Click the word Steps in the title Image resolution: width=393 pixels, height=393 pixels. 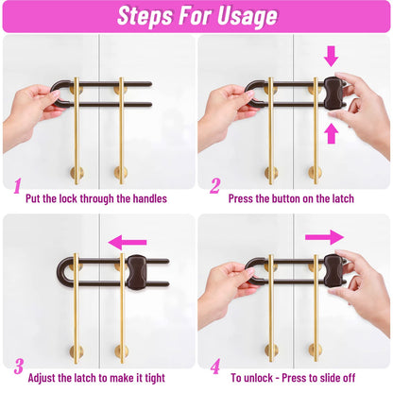pyautogui.click(x=145, y=15)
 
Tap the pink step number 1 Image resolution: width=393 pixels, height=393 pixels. pyautogui.click(x=17, y=186)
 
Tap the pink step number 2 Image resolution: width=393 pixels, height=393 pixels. pyautogui.click(x=214, y=186)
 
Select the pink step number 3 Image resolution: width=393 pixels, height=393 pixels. pyautogui.click(x=19, y=367)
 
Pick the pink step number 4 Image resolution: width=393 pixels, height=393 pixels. pyautogui.click(x=215, y=367)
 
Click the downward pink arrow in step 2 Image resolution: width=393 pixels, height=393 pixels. pyautogui.click(x=331, y=56)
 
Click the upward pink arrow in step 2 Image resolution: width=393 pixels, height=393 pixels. pyautogui.click(x=331, y=133)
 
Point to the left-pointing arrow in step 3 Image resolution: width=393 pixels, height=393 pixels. pyautogui.click(x=128, y=242)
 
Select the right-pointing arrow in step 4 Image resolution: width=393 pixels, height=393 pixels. pyautogui.click(x=324, y=237)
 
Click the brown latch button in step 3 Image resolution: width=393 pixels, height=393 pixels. pyautogui.click(x=136, y=271)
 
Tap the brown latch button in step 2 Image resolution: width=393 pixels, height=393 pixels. pyautogui.click(x=333, y=94)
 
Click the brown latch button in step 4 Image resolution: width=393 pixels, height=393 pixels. pyautogui.click(x=333, y=271)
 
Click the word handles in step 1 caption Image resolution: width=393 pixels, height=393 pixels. pyautogui.click(x=150, y=198)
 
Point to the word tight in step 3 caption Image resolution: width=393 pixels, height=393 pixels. pyautogui.click(x=155, y=378)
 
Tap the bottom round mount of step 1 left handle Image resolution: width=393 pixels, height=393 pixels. pyautogui.click(x=77, y=174)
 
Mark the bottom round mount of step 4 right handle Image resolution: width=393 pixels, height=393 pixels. pyautogui.click(x=316, y=350)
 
